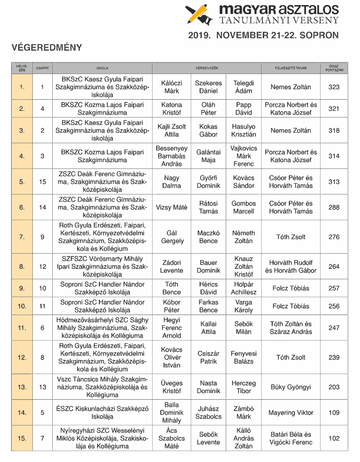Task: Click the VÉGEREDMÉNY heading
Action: [47, 48]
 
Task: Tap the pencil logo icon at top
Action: [198, 14]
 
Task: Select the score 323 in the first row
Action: [334, 87]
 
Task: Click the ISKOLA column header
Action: [102, 68]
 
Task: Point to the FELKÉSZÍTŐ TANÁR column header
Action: [291, 68]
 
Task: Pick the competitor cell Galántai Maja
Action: [208, 156]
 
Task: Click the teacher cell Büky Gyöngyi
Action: [291, 387]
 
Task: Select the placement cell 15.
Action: [22, 438]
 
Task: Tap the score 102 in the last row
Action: [334, 438]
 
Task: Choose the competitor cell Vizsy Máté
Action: [172, 207]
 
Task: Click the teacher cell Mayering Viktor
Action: [291, 413]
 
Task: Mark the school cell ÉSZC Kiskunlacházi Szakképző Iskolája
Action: [102, 413]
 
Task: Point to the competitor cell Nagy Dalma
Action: [172, 182]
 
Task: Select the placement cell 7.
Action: [22, 237]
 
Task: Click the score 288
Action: [334, 207]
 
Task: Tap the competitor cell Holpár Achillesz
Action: [244, 288]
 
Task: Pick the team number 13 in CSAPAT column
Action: [43, 387]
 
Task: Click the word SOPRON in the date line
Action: [319, 35]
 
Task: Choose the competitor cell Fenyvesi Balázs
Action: [244, 357]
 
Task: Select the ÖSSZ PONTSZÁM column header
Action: [334, 68]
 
